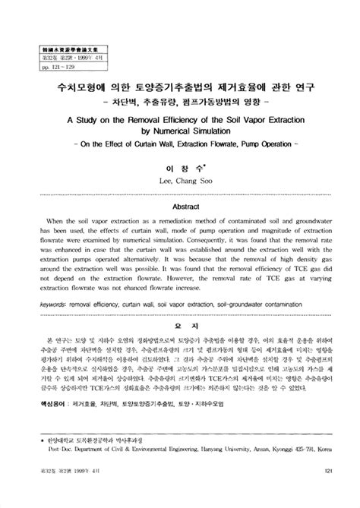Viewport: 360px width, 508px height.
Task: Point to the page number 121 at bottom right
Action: pos(329,493)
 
